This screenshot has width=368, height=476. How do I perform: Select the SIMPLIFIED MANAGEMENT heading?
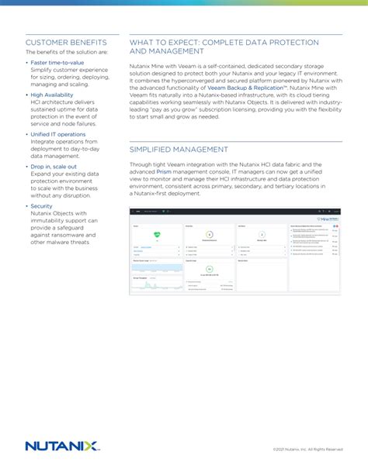click(x=179, y=149)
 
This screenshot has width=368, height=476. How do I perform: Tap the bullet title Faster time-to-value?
click(x=57, y=62)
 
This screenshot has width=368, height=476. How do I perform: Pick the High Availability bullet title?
click(x=53, y=94)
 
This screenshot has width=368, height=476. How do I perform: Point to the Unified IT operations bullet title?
click(x=58, y=134)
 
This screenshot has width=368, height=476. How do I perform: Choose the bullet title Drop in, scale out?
click(x=54, y=166)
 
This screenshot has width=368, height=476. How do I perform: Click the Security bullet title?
click(x=42, y=206)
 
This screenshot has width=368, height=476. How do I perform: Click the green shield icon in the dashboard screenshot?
click(x=157, y=235)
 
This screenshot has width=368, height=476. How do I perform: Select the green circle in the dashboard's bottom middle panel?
click(x=209, y=270)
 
